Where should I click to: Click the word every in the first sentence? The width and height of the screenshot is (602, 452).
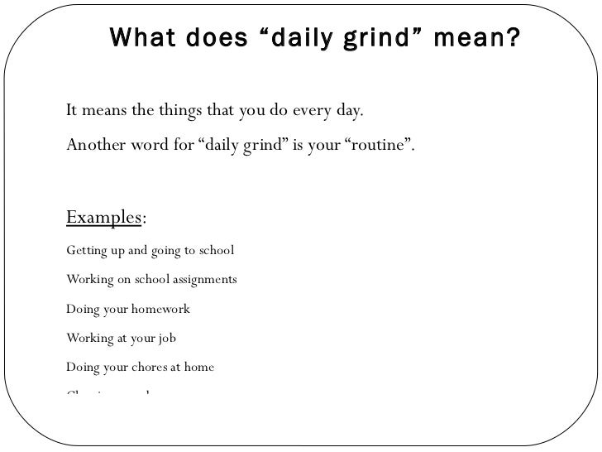pos(310,111)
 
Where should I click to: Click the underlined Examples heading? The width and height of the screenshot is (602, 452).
pos(104,218)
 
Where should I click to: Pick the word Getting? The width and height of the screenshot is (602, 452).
pos(85,250)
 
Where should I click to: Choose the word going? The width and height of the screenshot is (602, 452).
pos(163,250)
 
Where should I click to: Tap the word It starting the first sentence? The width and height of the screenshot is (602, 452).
pos(72,111)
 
